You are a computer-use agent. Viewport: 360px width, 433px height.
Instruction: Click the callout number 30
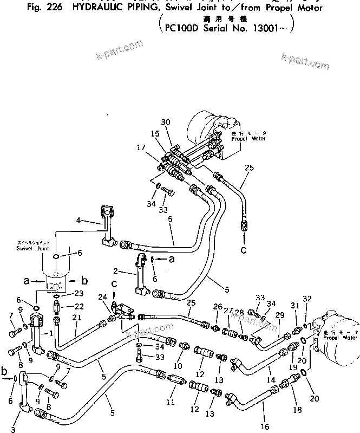165,122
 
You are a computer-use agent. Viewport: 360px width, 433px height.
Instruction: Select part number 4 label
78,220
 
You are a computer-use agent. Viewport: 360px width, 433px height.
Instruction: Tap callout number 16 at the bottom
265,426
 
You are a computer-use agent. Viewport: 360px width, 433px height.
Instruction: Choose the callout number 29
280,315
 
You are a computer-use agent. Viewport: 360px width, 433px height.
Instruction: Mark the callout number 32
307,299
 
